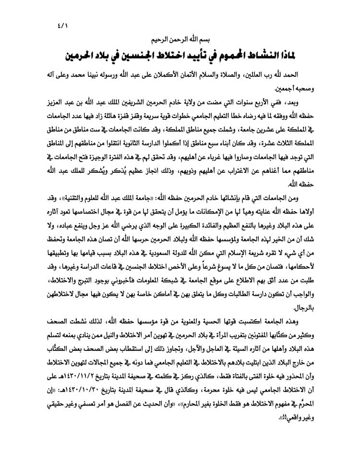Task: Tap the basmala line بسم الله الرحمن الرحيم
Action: [x=180, y=39]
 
